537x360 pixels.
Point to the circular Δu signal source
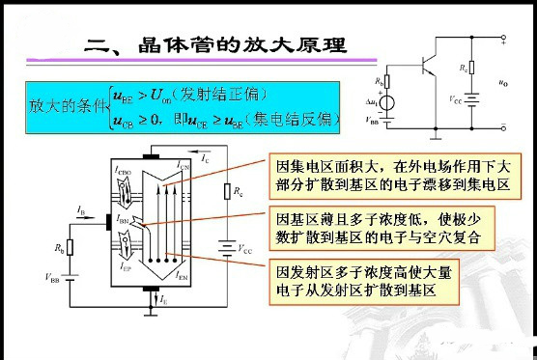click(x=389, y=103)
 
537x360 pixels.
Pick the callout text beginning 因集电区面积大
click(x=396, y=172)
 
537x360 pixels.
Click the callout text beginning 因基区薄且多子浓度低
click(x=393, y=228)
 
